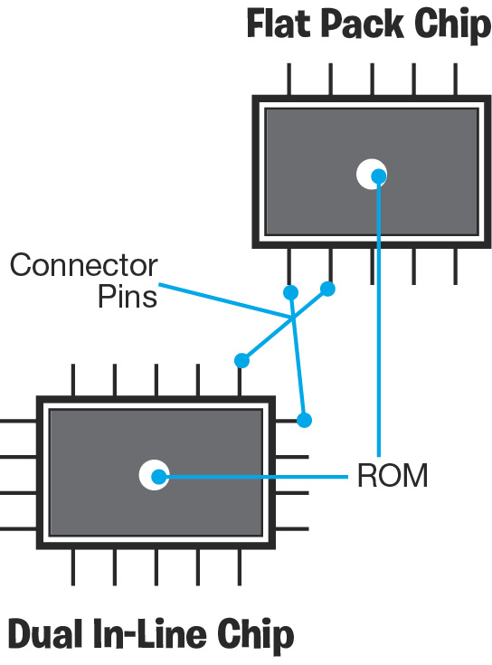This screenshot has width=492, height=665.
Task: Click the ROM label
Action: point(393,475)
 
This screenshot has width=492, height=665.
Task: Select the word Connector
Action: point(84,265)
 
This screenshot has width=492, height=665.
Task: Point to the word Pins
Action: point(128,296)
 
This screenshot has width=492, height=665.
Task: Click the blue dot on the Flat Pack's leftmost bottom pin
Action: point(290,292)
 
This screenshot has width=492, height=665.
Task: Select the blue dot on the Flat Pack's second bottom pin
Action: point(327,289)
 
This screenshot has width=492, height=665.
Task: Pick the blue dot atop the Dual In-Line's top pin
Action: point(241,360)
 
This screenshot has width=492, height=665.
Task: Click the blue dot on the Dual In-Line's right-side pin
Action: point(304,421)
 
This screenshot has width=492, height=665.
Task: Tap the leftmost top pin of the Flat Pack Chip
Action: point(289,80)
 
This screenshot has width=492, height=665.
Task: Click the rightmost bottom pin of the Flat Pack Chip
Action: point(455,266)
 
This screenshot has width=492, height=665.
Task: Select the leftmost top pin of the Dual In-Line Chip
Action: point(73,380)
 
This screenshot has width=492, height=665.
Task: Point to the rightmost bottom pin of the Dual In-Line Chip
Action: point(240,567)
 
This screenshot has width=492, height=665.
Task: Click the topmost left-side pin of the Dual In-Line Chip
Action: point(18,421)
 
